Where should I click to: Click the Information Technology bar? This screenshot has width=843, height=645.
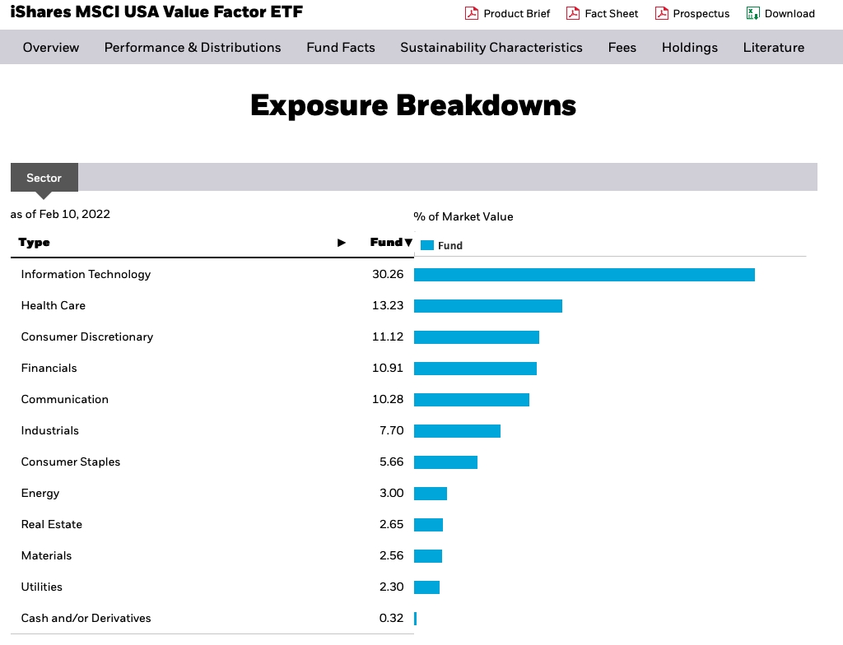tap(584, 275)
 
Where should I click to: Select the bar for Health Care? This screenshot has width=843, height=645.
tap(487, 306)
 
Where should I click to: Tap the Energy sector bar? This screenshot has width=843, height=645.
tap(430, 494)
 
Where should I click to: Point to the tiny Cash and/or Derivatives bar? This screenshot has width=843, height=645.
tap(416, 619)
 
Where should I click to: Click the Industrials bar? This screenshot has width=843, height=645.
tap(457, 431)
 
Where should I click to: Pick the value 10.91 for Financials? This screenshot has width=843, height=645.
tap(388, 369)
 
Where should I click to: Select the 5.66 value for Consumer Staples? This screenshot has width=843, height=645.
tap(391, 462)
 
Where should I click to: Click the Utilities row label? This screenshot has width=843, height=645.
tap(42, 587)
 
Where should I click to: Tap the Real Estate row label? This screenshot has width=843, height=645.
tap(52, 525)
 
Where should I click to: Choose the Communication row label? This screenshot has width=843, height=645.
tap(65, 400)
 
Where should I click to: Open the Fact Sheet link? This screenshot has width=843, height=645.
tap(612, 13)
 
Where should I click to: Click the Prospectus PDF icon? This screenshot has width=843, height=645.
tap(661, 13)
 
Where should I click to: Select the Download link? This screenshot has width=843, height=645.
tap(789, 13)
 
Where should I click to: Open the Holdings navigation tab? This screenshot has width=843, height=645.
tap(690, 48)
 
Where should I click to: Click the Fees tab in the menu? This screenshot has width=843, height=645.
tap(622, 48)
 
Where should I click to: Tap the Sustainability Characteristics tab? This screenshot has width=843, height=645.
tap(491, 48)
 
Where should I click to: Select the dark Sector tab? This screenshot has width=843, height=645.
tap(44, 178)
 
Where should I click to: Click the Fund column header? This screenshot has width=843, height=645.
tap(386, 243)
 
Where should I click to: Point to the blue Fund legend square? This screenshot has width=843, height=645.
tap(426, 245)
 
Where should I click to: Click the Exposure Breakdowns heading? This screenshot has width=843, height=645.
tap(413, 105)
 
